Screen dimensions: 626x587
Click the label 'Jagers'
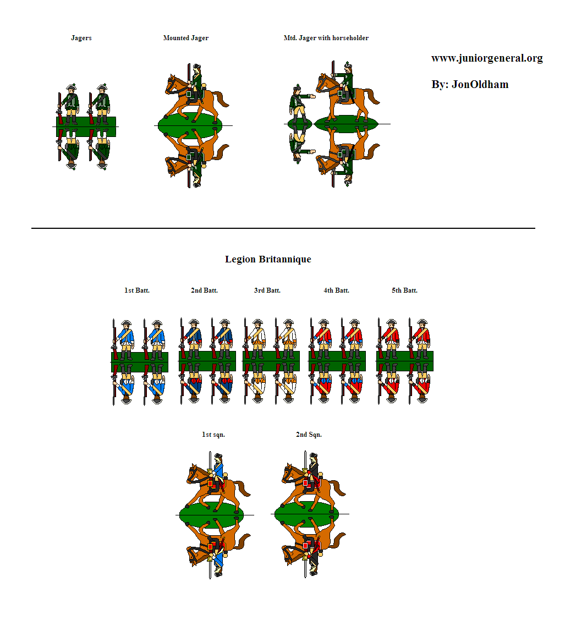[81, 38]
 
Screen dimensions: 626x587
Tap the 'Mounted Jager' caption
[186, 38]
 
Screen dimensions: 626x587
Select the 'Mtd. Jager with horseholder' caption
[326, 38]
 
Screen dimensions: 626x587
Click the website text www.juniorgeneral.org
[487, 58]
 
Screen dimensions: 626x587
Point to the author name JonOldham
[479, 84]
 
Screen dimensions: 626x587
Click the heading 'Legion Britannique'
[268, 259]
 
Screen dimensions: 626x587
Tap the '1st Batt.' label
[137, 290]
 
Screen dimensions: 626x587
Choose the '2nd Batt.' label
[204, 290]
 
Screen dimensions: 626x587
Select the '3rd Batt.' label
[267, 290]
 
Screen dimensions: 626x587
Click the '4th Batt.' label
[336, 290]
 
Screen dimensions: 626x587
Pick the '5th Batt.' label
[404, 290]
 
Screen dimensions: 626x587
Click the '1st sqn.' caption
[213, 435]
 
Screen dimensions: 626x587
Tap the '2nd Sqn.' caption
[309, 435]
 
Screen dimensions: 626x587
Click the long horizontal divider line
[283, 228]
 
